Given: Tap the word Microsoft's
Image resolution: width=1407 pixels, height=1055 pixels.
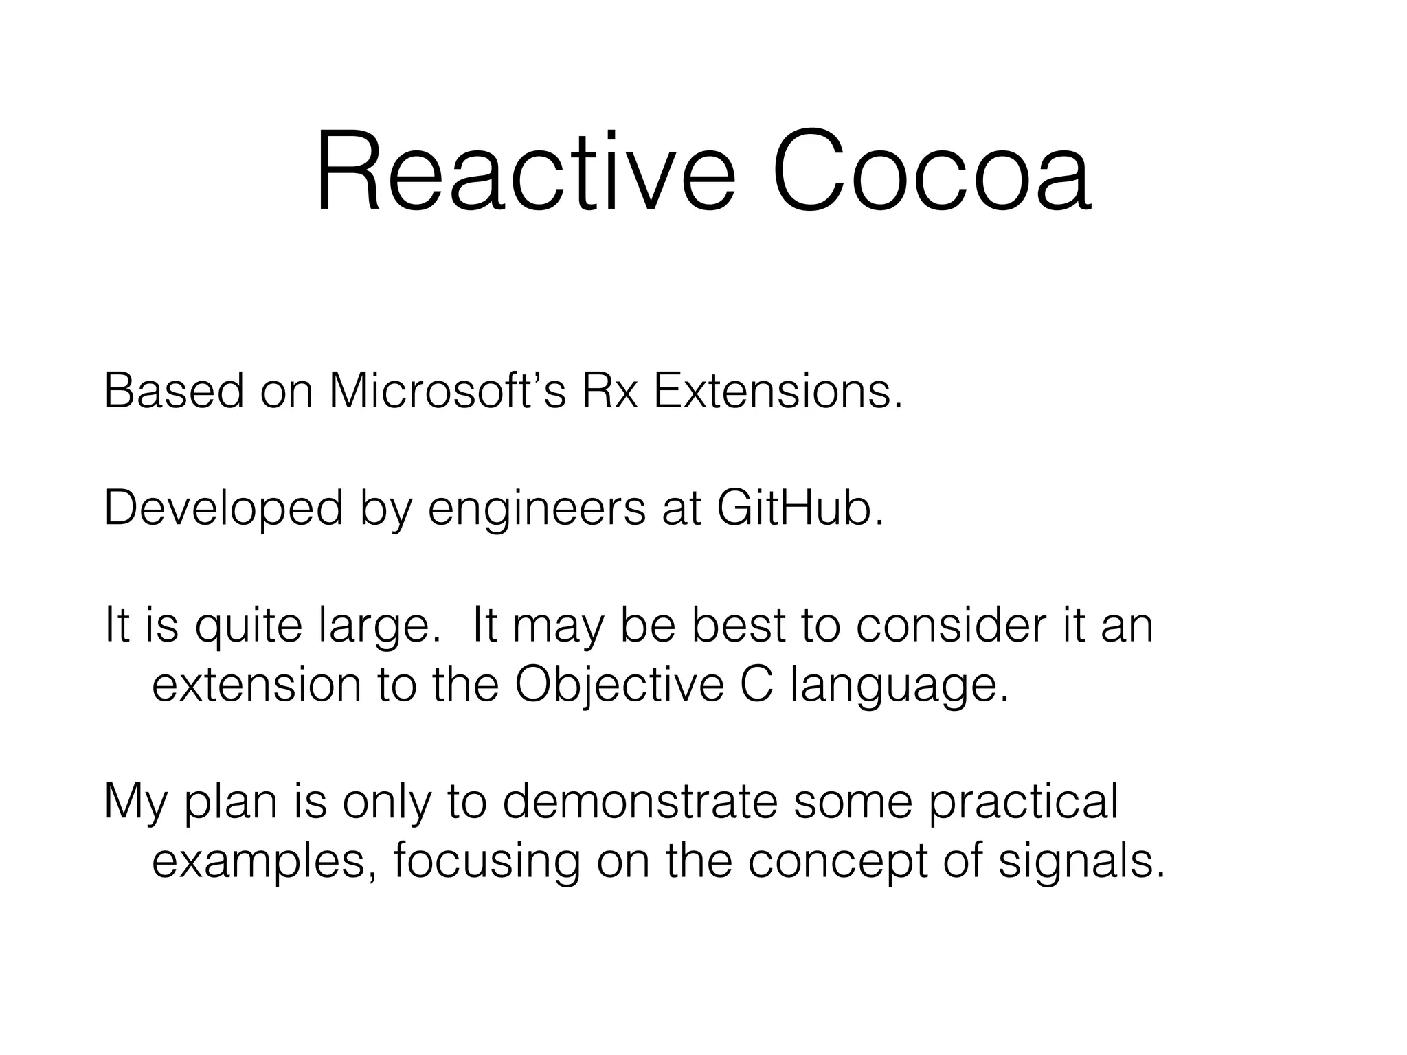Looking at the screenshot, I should [x=447, y=392].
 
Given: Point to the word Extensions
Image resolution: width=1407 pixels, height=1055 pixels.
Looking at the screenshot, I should [x=777, y=392].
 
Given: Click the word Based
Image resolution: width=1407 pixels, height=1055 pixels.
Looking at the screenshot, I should [x=174, y=392].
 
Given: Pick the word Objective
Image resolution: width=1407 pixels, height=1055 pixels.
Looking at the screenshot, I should [x=619, y=686].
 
